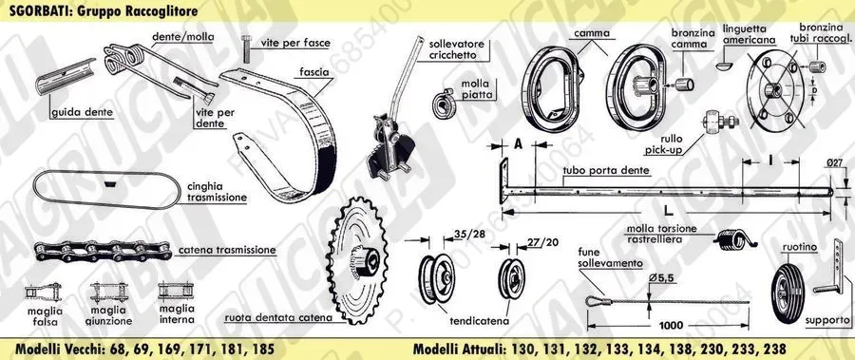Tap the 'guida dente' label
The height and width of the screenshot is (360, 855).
(83, 113)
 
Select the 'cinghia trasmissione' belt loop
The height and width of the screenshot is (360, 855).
(106, 190)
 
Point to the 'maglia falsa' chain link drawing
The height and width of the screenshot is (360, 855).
(43, 291)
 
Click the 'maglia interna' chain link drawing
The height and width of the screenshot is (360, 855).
(176, 290)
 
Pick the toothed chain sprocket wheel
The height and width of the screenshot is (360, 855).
(358, 260)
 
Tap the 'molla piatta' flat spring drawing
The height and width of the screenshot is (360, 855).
(442, 104)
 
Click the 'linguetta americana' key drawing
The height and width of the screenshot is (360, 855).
(725, 65)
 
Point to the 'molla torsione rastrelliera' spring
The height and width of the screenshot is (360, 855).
(734, 239)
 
